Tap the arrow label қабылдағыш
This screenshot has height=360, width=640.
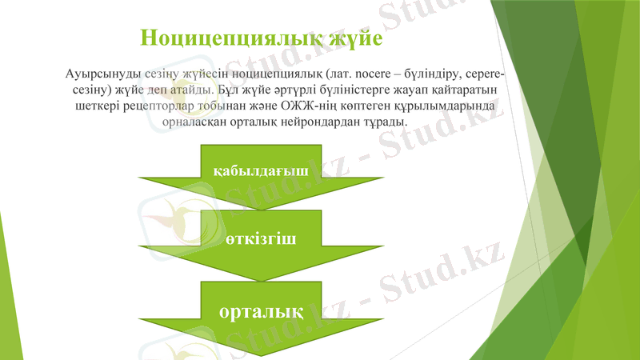point(261,170)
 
